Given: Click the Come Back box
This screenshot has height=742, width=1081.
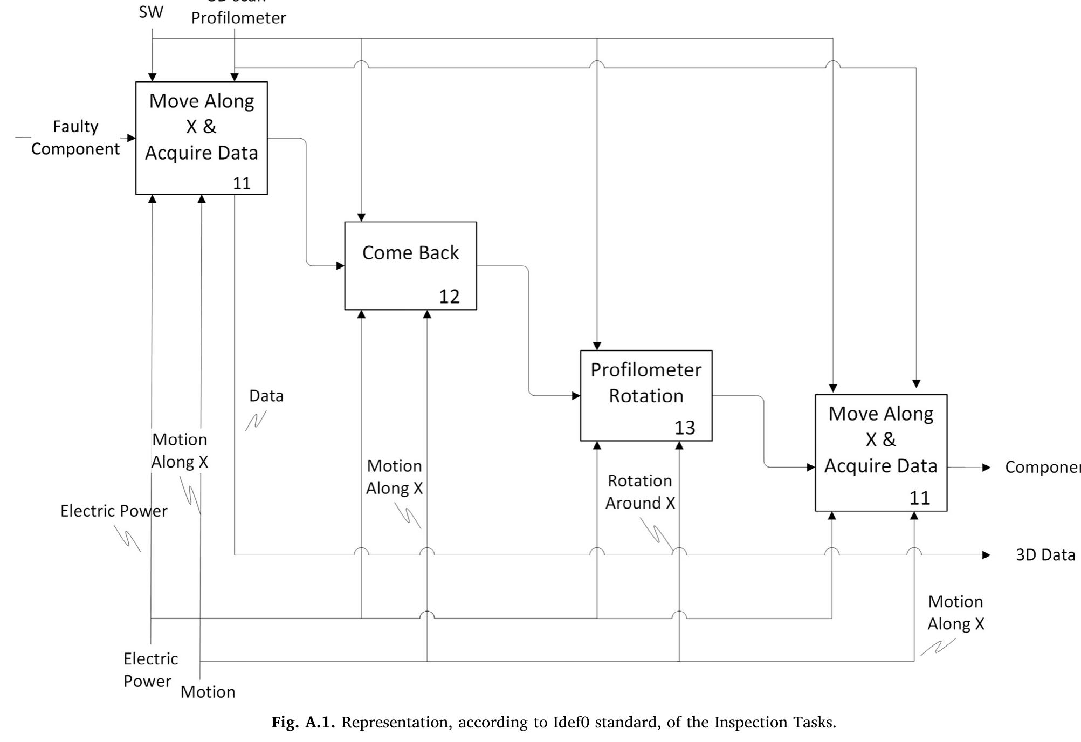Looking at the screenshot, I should tap(410, 265).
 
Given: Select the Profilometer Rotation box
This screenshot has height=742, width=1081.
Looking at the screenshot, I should tap(645, 395).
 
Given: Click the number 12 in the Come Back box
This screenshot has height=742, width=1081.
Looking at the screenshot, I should tap(449, 297).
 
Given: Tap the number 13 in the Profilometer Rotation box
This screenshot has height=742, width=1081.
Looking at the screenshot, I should tap(685, 428).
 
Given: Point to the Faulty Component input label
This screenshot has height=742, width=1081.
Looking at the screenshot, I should tap(75, 138).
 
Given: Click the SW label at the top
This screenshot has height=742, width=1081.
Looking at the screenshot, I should tap(150, 12).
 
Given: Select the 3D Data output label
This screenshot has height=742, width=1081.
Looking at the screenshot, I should tap(1045, 555).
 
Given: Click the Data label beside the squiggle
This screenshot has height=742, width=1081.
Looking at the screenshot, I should tap(266, 396).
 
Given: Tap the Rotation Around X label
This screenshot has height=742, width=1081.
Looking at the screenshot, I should tap(639, 492).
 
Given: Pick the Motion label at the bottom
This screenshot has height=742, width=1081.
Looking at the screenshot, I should tap(208, 692).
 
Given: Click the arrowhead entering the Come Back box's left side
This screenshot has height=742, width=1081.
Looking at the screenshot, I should tap(340, 265).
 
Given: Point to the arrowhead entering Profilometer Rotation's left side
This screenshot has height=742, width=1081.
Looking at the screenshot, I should tap(576, 396).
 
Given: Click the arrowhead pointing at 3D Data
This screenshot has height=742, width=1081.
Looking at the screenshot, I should tap(986, 555).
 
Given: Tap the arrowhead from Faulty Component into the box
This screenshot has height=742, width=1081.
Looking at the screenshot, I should tap(131, 138).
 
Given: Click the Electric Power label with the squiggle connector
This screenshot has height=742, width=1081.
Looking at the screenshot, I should tap(114, 511).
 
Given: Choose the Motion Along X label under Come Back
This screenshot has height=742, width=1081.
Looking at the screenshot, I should tap(394, 477).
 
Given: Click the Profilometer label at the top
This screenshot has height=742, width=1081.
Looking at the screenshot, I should tap(238, 18).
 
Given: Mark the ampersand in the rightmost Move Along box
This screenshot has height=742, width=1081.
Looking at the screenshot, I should tap(889, 439).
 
